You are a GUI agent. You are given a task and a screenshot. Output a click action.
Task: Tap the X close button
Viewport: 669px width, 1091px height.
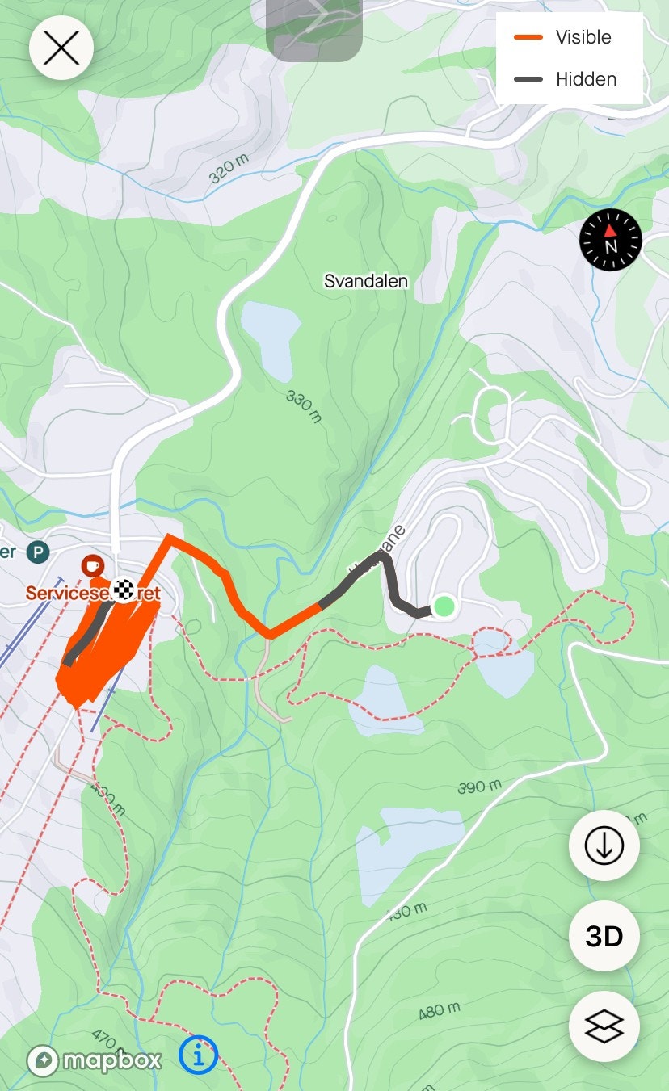coord(61,48)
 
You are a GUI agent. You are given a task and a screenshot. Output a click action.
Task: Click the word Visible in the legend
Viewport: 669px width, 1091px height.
coord(583,37)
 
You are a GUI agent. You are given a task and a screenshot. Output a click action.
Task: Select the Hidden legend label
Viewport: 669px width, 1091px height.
coord(586,79)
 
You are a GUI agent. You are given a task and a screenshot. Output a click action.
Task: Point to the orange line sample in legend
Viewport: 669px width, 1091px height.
coord(528,37)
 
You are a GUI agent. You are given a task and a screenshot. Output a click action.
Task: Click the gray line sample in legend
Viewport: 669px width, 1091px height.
coord(528,79)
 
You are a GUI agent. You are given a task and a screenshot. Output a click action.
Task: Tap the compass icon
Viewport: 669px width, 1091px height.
coord(611,240)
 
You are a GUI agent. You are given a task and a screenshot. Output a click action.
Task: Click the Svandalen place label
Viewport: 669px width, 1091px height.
coord(366,281)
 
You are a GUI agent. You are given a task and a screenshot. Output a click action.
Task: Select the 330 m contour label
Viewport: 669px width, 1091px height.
coord(304,406)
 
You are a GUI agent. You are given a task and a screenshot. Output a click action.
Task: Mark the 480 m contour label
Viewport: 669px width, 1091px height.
coord(440,1010)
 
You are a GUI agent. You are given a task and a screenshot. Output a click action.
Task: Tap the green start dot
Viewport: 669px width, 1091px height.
coord(444,606)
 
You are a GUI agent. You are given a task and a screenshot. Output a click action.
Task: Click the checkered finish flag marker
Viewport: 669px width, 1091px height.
coord(123,590)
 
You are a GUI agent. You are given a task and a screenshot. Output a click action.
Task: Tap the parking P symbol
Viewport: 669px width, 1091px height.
coord(37,552)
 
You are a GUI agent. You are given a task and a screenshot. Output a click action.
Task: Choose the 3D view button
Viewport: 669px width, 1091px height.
coord(604,936)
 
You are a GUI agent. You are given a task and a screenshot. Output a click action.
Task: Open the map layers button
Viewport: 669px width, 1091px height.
coord(604,1026)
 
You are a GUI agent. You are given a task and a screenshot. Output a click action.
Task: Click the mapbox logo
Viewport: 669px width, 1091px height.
coord(95,1060)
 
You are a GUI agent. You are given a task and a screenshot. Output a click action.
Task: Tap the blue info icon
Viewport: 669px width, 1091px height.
coord(199,1055)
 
